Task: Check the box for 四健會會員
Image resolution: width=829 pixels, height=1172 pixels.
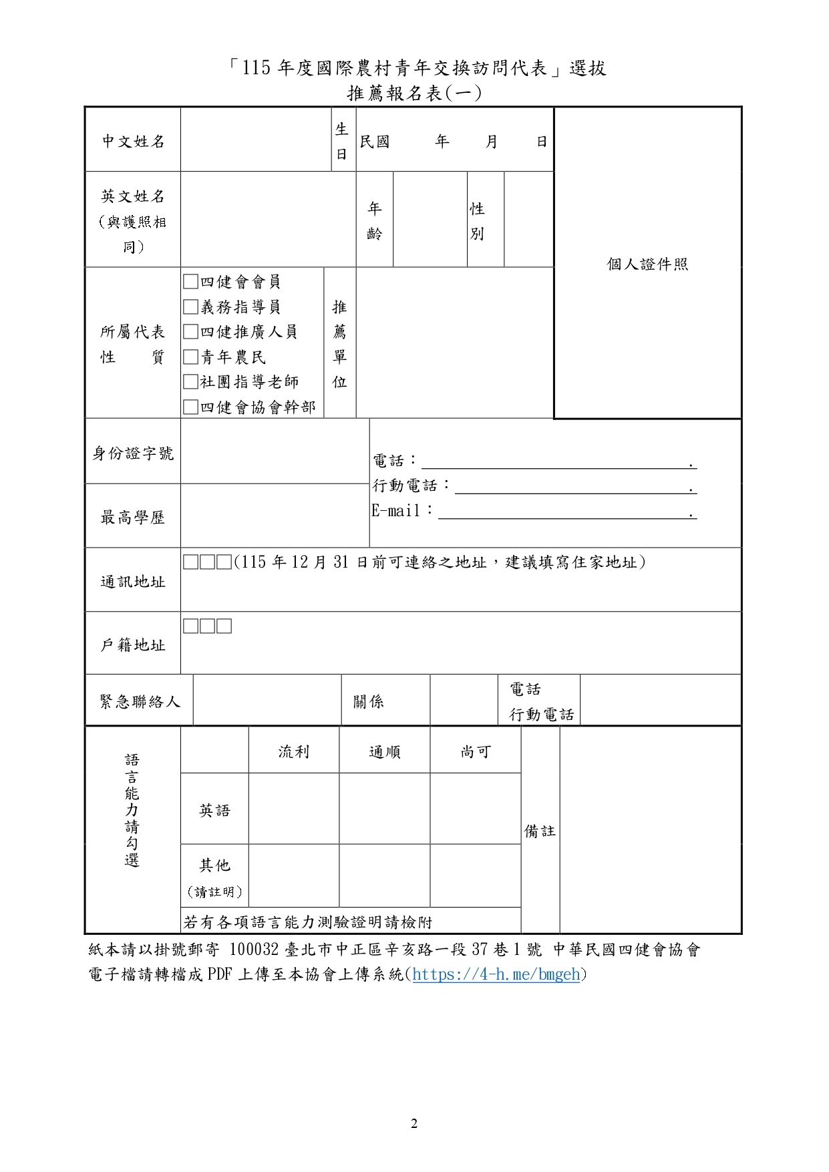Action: pos(191,282)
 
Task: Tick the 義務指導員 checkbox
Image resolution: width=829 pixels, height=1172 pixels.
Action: pos(191,307)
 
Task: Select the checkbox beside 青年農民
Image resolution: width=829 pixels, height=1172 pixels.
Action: pos(191,357)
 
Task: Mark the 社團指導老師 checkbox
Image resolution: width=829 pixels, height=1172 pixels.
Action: pos(191,382)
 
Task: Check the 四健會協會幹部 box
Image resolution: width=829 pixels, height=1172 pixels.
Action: pos(191,407)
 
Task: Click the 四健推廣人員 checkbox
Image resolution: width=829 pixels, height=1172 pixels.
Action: pos(191,332)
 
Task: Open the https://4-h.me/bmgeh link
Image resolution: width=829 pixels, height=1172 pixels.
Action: pos(496,974)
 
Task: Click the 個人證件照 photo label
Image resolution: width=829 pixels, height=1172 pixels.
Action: pos(647,264)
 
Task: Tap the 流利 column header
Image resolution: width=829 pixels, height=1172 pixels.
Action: pos(294,752)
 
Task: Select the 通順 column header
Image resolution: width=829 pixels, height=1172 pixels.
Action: pos(385,752)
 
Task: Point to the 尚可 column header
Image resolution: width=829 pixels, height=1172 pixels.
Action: pos(476,752)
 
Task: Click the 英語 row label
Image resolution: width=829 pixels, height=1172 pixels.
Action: pos(214,811)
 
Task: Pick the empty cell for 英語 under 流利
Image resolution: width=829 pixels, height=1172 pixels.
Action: pos(294,809)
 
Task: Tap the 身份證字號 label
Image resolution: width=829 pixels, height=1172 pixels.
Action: pos(133,453)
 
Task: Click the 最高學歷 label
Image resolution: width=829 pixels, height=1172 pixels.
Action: pos(133,518)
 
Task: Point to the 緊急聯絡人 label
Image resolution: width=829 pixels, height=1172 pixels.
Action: pos(140,702)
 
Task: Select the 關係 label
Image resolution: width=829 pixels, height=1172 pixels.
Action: pos(369,702)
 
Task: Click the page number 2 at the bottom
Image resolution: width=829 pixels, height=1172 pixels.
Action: pos(414,1124)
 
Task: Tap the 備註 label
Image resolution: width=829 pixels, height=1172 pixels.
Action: pos(540,831)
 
